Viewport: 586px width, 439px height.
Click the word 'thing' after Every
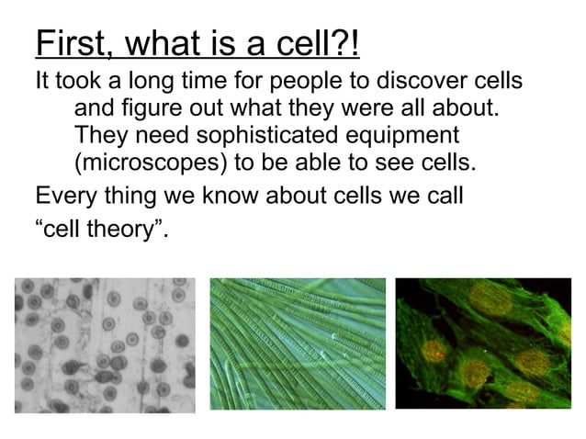(131, 196)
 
